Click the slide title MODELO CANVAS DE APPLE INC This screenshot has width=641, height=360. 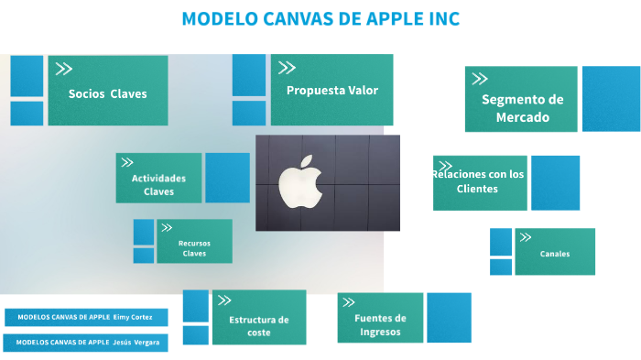coord(320,19)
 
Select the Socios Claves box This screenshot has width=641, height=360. coord(107,92)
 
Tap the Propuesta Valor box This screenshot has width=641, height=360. coord(331,90)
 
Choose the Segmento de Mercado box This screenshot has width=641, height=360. coord(521,107)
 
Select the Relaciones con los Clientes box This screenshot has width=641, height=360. coord(480,182)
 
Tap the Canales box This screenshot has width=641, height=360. coord(555,253)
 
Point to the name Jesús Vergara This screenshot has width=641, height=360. coord(140,343)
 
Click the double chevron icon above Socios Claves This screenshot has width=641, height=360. coord(64,69)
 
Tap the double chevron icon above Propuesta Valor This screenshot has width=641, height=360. coord(287,67)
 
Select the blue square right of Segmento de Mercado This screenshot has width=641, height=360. coord(611,99)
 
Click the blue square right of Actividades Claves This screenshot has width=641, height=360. coord(227,177)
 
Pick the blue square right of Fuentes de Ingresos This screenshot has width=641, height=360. coord(449,317)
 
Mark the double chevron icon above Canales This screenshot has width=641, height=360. coord(526,237)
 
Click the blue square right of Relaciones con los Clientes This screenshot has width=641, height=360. coord(555,182)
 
